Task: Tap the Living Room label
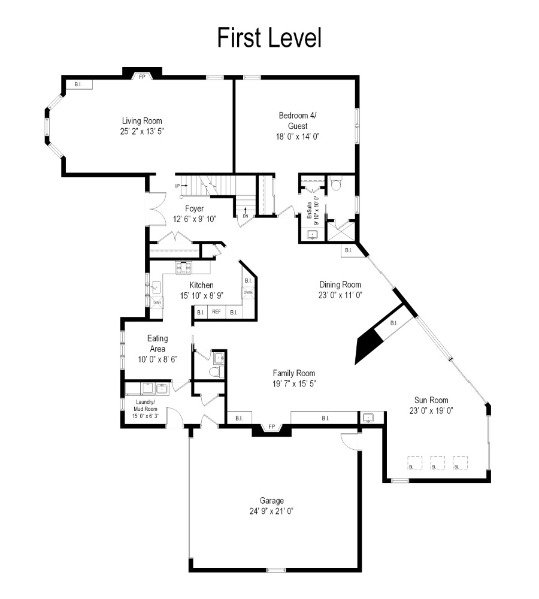tap(142, 121)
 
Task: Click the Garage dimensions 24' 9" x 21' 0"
tap(271, 511)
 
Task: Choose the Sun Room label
tap(431, 400)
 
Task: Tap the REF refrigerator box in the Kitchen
tap(216, 311)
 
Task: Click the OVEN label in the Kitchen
tap(248, 293)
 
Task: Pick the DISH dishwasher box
tap(157, 302)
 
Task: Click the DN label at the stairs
tap(245, 216)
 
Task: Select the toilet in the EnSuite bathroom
tap(336, 184)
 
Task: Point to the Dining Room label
tap(340, 285)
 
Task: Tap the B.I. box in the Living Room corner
tap(79, 84)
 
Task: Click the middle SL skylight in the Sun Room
tap(437, 463)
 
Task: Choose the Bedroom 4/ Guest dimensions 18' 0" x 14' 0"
tap(298, 137)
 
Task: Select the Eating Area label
tap(158, 343)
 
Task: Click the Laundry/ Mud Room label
tap(146, 406)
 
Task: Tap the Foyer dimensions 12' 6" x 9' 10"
tap(195, 219)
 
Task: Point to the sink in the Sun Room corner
tap(368, 418)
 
